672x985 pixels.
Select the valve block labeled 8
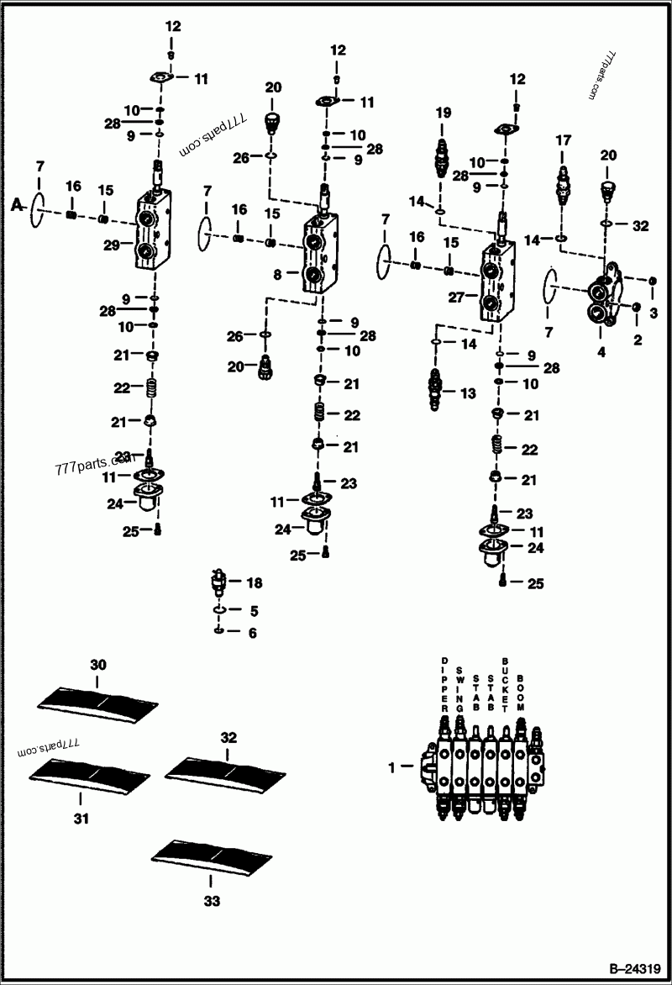point(316,253)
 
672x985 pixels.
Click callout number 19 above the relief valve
point(443,113)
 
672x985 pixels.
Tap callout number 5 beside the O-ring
point(254,610)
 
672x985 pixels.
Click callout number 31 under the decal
point(81,818)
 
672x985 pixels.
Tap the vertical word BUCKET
point(505,681)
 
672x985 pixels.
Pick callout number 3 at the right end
point(654,312)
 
